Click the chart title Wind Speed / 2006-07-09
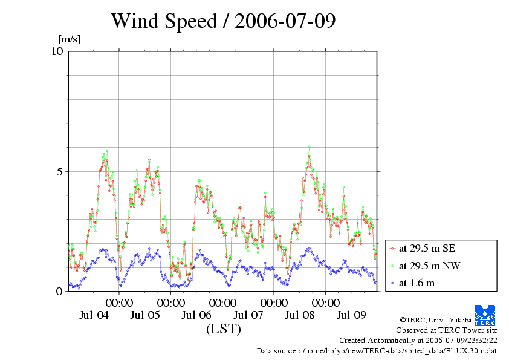tap(223, 21)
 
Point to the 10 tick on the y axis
tap(57, 51)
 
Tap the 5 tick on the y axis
tap(60, 171)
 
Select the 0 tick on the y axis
tap(60, 291)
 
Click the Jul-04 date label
tap(94, 315)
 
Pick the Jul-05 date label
tap(145, 315)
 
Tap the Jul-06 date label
tap(196, 315)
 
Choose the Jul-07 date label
tap(248, 315)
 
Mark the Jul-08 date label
tap(299, 315)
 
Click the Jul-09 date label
tap(351, 315)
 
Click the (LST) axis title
tap(223, 330)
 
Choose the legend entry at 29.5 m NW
tap(430, 265)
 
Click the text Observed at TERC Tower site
tap(446, 330)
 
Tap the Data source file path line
tap(377, 351)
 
